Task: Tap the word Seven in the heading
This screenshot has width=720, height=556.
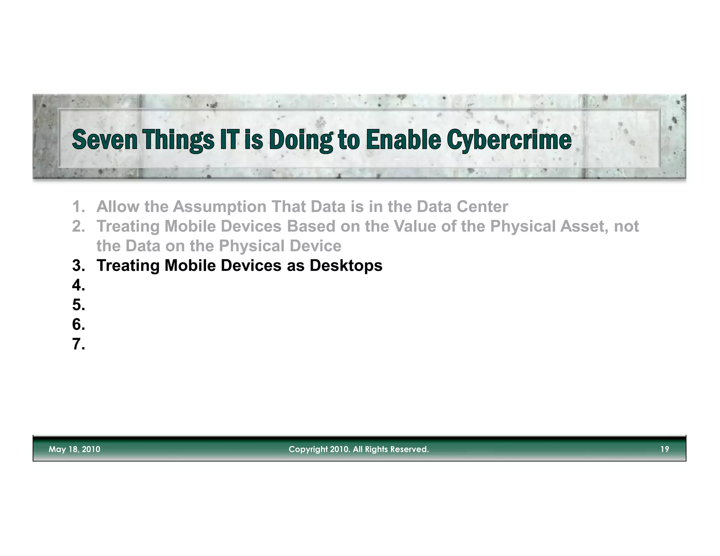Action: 104,140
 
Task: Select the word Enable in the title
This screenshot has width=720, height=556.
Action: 403,140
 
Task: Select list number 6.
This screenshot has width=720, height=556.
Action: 78,324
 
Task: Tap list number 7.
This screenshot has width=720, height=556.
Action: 78,344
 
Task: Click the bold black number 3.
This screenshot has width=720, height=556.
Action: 78,266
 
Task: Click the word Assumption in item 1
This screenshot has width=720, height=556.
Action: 219,207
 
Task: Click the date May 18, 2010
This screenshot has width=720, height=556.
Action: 74,449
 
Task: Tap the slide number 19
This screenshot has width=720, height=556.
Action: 664,449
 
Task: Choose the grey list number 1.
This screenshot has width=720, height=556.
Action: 78,207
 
